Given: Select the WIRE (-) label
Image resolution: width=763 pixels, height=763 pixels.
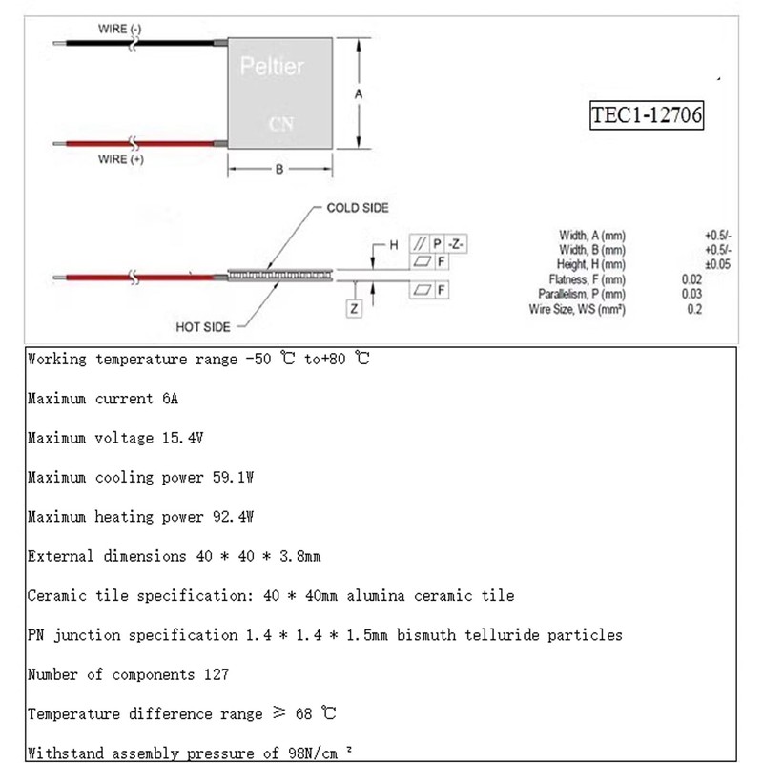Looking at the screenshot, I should [x=120, y=31].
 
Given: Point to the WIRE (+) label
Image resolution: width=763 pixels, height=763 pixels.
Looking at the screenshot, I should [x=120, y=160].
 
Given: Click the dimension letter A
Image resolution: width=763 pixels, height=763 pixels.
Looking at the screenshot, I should [x=358, y=94].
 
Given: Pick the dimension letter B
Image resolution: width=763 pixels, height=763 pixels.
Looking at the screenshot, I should [x=278, y=169].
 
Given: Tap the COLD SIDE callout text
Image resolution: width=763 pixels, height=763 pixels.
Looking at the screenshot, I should [x=358, y=207].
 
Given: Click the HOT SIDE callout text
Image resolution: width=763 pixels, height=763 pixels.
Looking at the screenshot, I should [x=203, y=326].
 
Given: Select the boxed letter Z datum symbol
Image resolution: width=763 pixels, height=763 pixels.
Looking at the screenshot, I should [x=354, y=308].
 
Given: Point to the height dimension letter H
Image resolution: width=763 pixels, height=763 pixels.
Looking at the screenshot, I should [x=391, y=244].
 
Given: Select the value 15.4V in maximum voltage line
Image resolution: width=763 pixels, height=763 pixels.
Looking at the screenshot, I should [x=182, y=439].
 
